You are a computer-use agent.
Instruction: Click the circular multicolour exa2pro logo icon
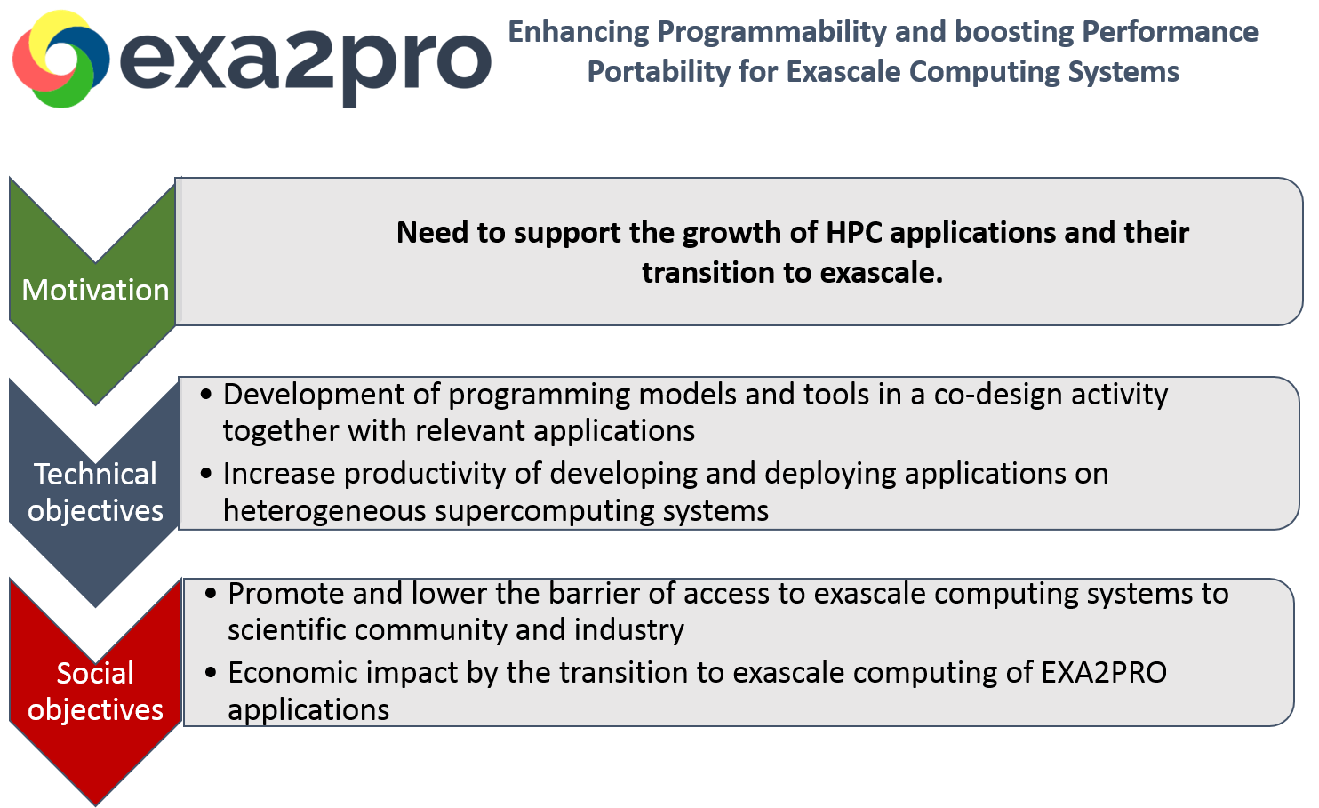click(60, 59)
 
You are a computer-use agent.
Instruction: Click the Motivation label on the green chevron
click(95, 291)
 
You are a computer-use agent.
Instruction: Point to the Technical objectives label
click(95, 492)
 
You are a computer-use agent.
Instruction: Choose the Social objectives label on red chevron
click(95, 692)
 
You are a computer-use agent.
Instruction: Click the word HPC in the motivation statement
click(854, 233)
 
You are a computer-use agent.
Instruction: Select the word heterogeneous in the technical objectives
click(324, 511)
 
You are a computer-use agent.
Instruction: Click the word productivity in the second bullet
click(425, 474)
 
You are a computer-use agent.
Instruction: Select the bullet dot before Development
click(207, 395)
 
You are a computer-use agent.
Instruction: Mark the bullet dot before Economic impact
click(211, 673)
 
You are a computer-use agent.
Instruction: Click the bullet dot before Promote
click(211, 594)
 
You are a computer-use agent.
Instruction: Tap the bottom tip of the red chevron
click(96, 803)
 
